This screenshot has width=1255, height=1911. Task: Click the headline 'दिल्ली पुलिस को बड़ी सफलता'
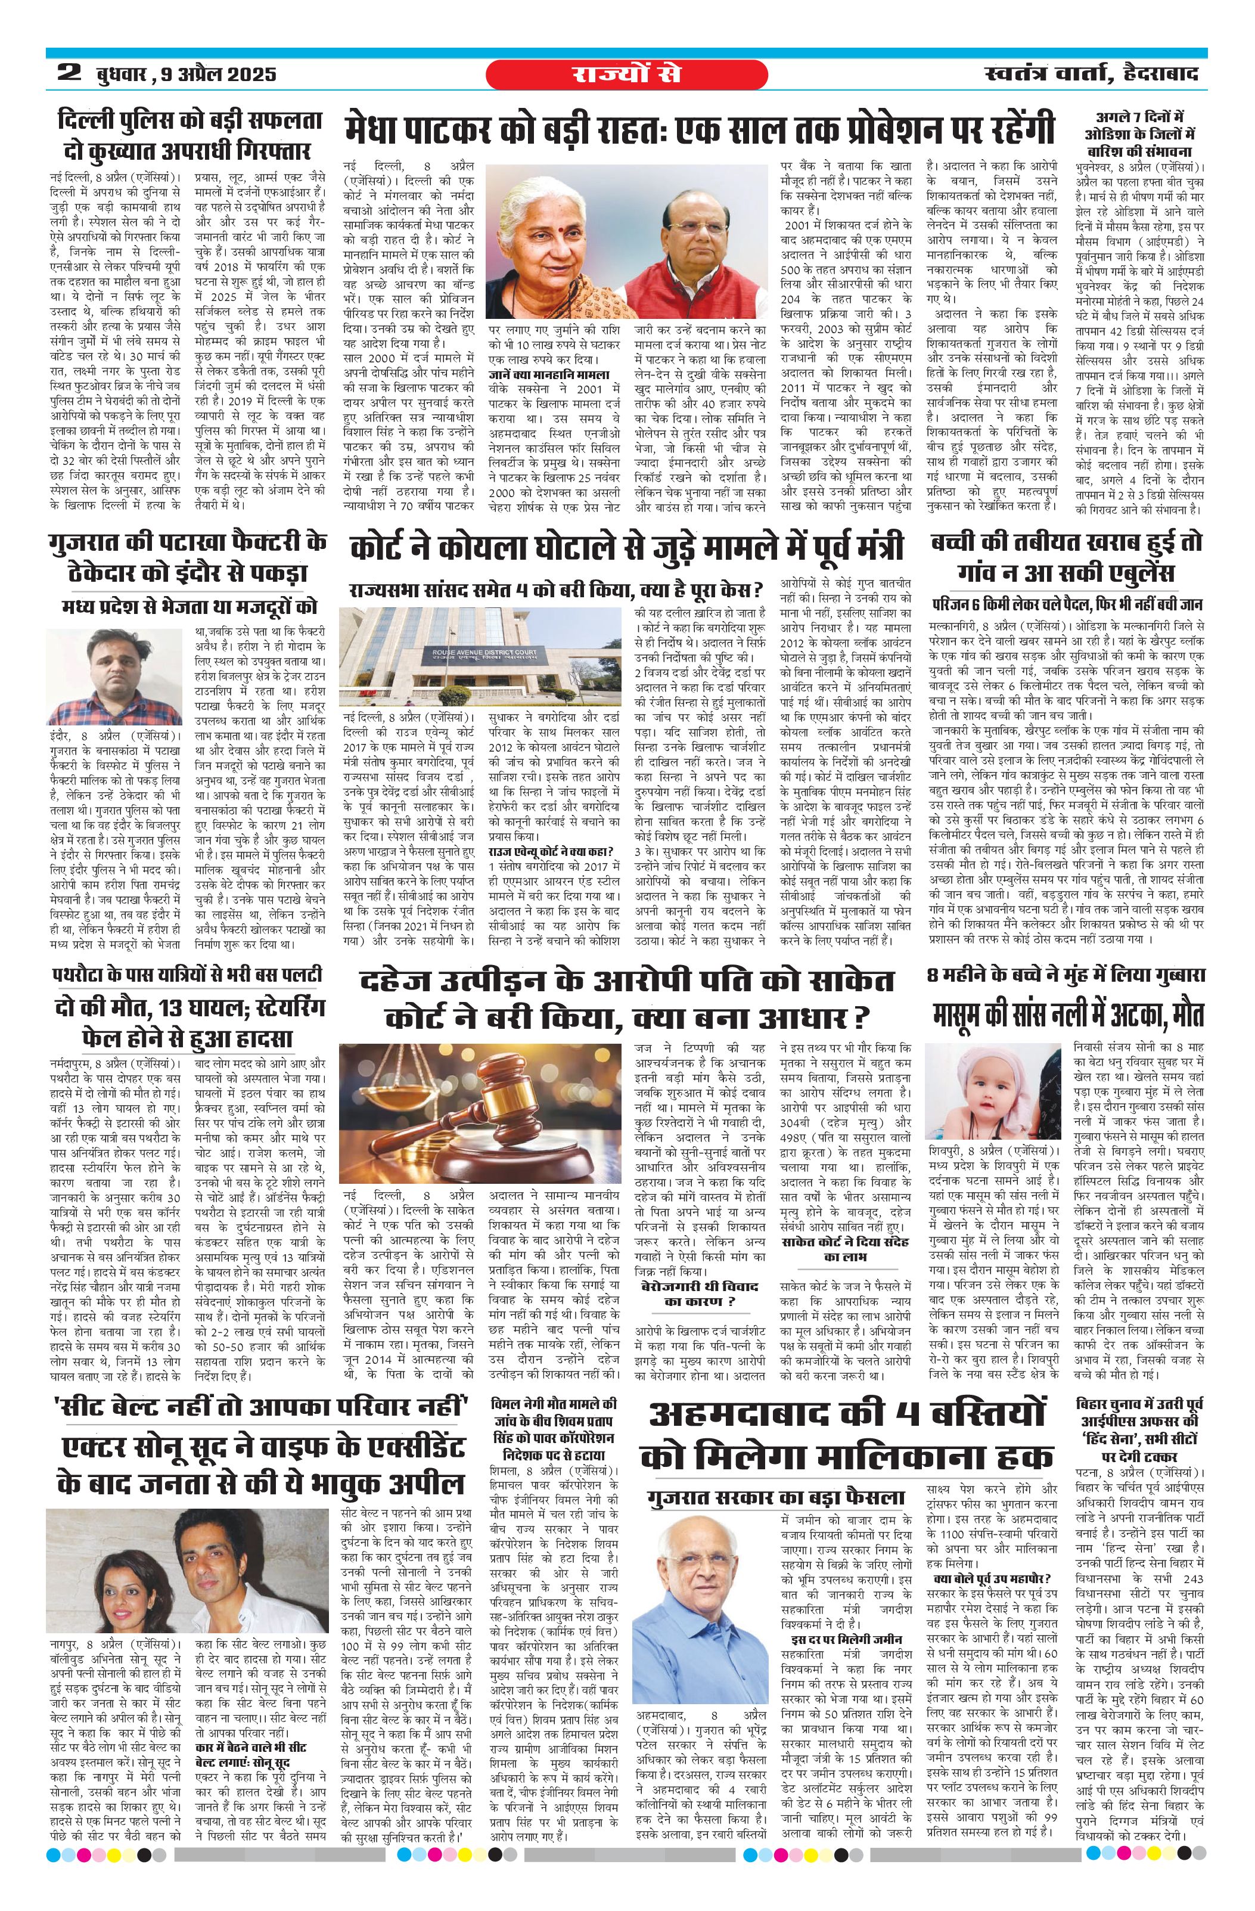(x=185, y=122)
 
